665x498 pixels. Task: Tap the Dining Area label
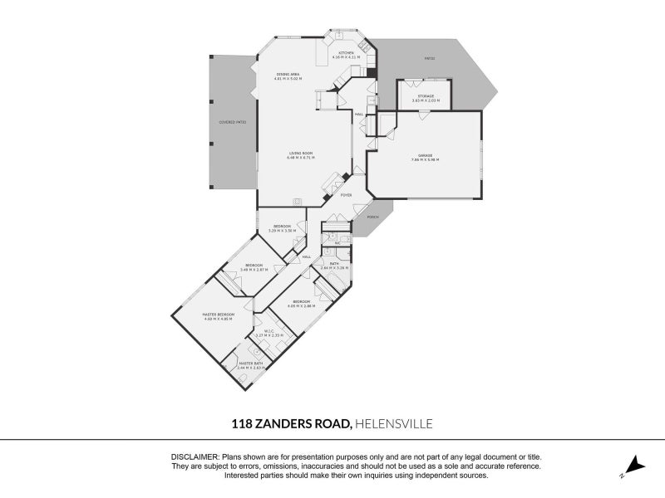point(288,75)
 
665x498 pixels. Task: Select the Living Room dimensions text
point(300,158)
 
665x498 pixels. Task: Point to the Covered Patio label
point(232,122)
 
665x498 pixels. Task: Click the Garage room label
point(425,155)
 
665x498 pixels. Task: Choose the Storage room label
point(425,96)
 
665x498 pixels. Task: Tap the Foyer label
point(346,195)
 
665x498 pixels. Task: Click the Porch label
point(372,217)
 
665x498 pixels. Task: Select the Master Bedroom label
point(219,315)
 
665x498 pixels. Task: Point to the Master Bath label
point(251,363)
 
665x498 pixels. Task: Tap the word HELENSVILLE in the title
point(393,423)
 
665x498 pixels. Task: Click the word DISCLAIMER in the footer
point(195,457)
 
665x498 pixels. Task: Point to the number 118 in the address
point(242,423)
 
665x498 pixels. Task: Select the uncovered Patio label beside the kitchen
point(430,58)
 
